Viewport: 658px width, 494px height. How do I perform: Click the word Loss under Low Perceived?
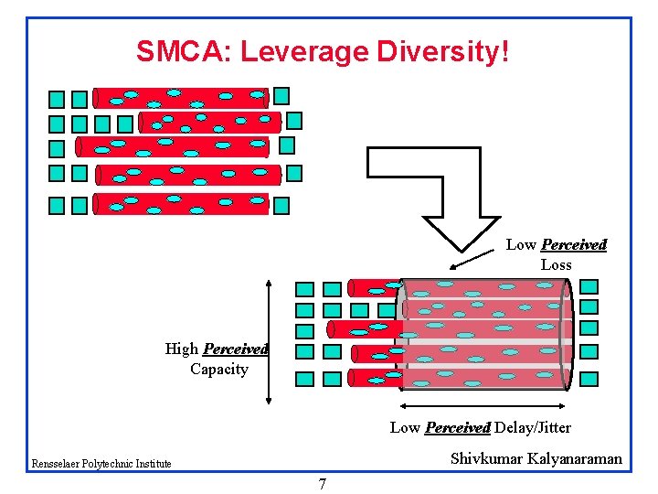[556, 265]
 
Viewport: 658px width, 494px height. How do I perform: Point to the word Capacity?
[219, 370]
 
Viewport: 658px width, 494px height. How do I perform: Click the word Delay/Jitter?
[533, 427]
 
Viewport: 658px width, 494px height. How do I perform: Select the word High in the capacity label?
[181, 349]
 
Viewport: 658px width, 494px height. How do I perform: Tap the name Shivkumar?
[485, 458]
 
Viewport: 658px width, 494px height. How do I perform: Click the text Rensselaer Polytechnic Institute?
[101, 464]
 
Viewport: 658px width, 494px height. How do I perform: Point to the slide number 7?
[323, 484]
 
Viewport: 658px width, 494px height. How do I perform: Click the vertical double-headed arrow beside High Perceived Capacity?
[269, 340]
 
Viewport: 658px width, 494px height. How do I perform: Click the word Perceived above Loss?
[573, 245]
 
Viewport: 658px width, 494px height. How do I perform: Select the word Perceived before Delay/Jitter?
[458, 427]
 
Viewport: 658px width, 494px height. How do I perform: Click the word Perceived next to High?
[235, 349]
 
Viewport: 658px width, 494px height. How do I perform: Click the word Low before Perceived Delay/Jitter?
[405, 427]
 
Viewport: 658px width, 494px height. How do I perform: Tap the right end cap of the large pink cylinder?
[567, 334]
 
